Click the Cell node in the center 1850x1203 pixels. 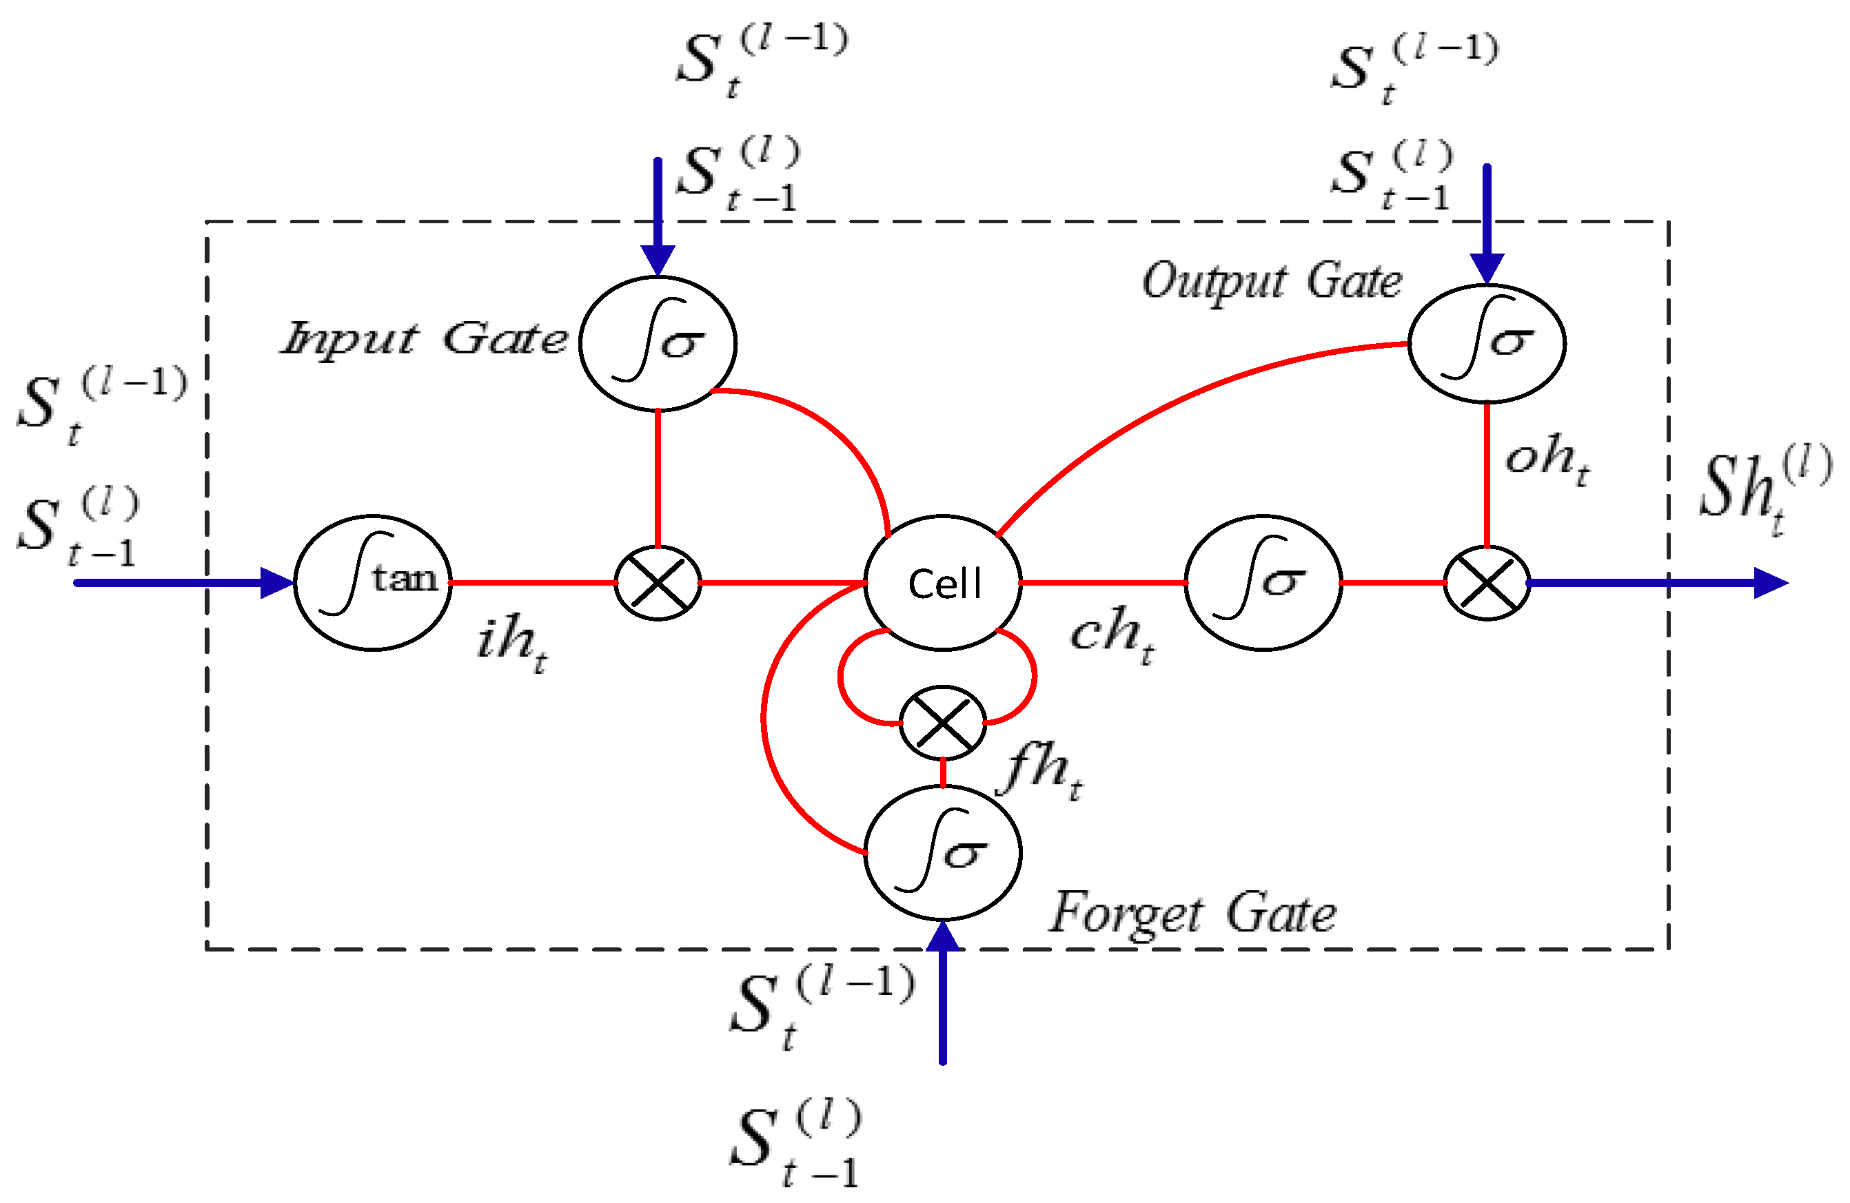click(943, 583)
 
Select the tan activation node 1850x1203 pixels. click(372, 583)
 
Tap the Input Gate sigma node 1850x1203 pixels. click(658, 342)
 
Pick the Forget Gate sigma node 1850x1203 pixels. click(943, 852)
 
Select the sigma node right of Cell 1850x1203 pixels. click(1263, 583)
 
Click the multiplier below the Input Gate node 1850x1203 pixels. click(658, 583)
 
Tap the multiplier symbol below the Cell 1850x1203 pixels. click(943, 723)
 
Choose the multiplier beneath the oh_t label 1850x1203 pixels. click(1486, 583)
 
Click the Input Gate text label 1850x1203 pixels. click(425, 340)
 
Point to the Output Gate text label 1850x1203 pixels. click(1272, 281)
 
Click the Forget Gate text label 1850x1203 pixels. click(1192, 914)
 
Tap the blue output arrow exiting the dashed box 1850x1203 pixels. click(1656, 583)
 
